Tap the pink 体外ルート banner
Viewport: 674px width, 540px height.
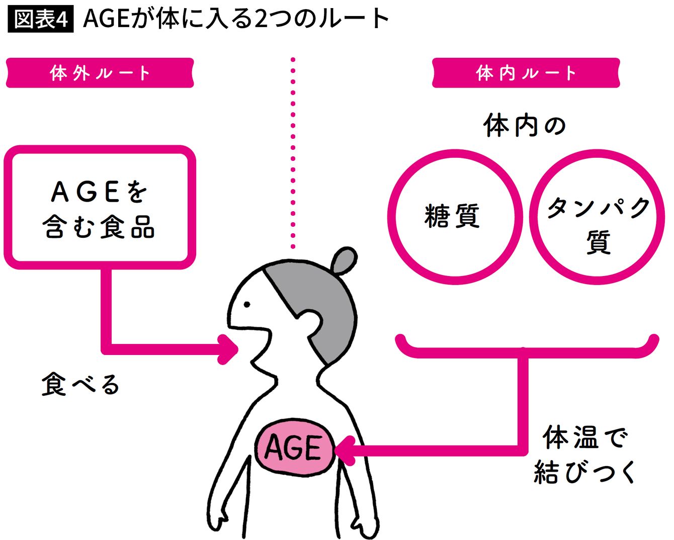point(100,73)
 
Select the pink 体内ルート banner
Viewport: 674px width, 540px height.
point(526,73)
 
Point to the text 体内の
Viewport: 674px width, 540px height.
point(525,126)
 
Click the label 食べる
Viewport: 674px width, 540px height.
point(80,385)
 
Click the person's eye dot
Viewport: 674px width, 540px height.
point(247,304)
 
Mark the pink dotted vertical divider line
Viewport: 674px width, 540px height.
point(293,153)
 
